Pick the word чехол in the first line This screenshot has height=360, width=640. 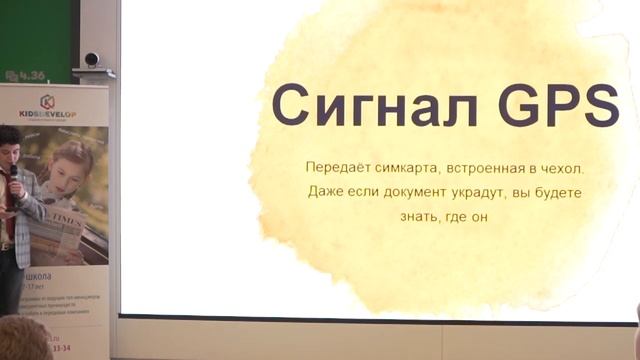click(x=560, y=166)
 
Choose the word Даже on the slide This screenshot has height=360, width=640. click(x=327, y=191)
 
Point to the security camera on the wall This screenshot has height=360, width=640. click(x=92, y=60)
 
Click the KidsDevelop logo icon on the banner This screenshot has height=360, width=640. click(x=47, y=101)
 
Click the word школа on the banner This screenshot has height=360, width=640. click(x=50, y=273)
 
